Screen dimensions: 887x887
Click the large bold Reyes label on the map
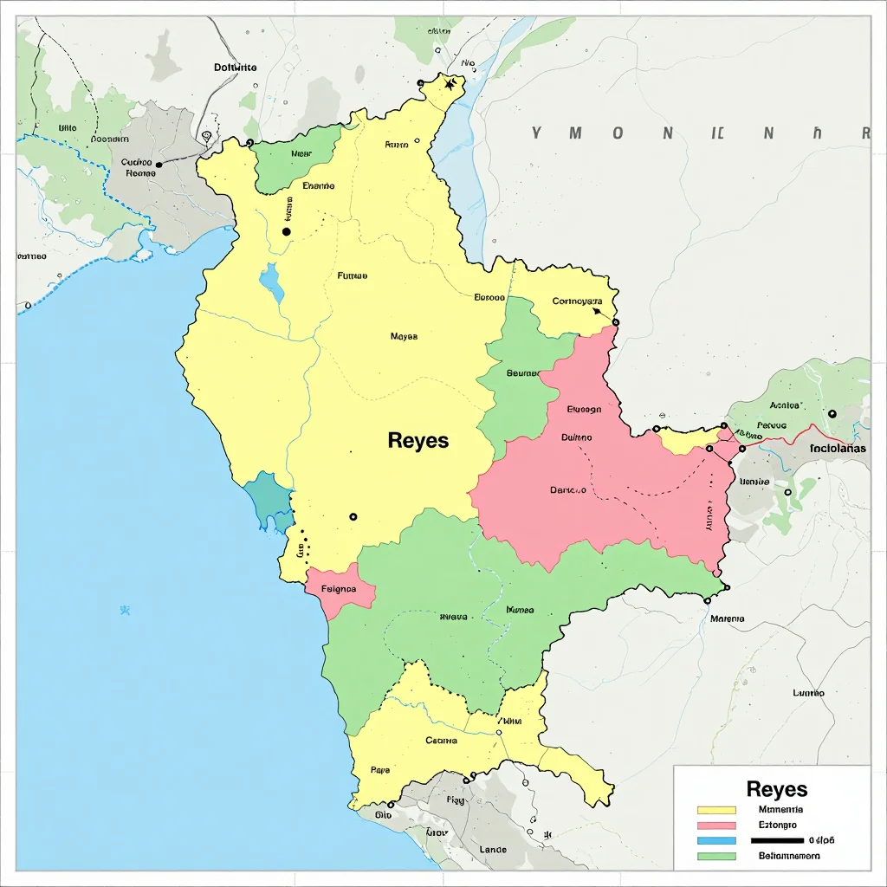[418, 440]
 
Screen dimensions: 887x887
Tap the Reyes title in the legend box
[776, 789]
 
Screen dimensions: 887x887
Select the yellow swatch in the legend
[716, 810]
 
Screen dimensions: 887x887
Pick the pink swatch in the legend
[716, 825]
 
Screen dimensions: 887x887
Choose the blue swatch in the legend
[716, 840]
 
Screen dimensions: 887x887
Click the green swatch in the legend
[716, 856]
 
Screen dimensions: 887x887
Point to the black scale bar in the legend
[777, 840]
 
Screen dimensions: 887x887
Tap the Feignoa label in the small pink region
[339, 589]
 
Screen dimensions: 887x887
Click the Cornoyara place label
[577, 302]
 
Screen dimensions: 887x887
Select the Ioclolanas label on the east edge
[839, 449]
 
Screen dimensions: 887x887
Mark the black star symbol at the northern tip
[450, 84]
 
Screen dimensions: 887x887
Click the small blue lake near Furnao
[272, 283]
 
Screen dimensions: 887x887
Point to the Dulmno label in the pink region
[577, 437]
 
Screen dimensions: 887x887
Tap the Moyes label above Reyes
[404, 336]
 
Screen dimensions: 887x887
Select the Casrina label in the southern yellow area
[441, 741]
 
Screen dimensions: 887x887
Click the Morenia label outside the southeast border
[727, 619]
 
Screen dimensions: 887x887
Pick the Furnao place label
[352, 276]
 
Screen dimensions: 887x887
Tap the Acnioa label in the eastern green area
[784, 405]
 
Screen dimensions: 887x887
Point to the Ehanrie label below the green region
[318, 185]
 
